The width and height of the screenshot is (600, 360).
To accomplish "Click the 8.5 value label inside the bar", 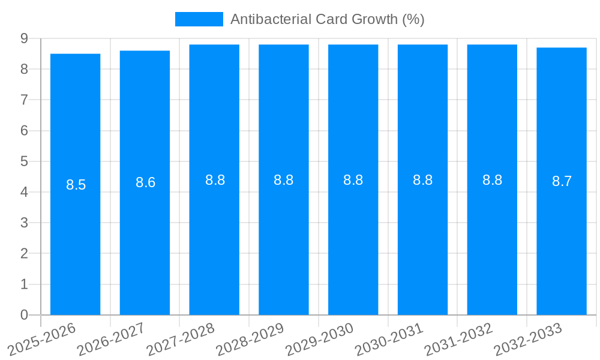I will (76, 185).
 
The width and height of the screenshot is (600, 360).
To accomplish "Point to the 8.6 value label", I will (146, 182).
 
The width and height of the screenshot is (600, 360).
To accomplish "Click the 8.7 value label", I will (562, 181).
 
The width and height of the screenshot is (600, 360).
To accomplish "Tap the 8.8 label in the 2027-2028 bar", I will (215, 180).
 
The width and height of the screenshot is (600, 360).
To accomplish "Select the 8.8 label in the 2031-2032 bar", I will (493, 180).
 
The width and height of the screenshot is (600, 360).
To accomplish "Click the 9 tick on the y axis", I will (24, 38).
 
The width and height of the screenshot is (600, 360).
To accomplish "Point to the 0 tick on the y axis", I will (24, 315).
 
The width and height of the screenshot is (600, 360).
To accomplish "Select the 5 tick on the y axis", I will (24, 161).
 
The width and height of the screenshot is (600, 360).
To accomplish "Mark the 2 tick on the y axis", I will (24, 254).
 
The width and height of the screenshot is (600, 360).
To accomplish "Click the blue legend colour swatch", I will (199, 19).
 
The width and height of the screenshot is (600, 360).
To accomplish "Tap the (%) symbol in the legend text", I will (413, 19).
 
